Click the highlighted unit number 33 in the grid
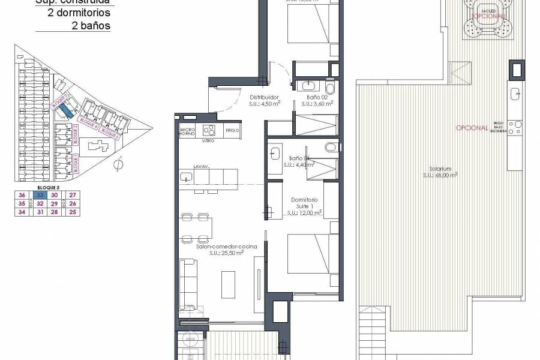[x=39, y=195]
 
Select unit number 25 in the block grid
[x=73, y=212]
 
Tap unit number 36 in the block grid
[x=22, y=195]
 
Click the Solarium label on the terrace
[x=431, y=169]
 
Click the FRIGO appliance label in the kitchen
[x=234, y=130]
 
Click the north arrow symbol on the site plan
[x=119, y=163]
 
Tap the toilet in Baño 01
[x=332, y=147]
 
